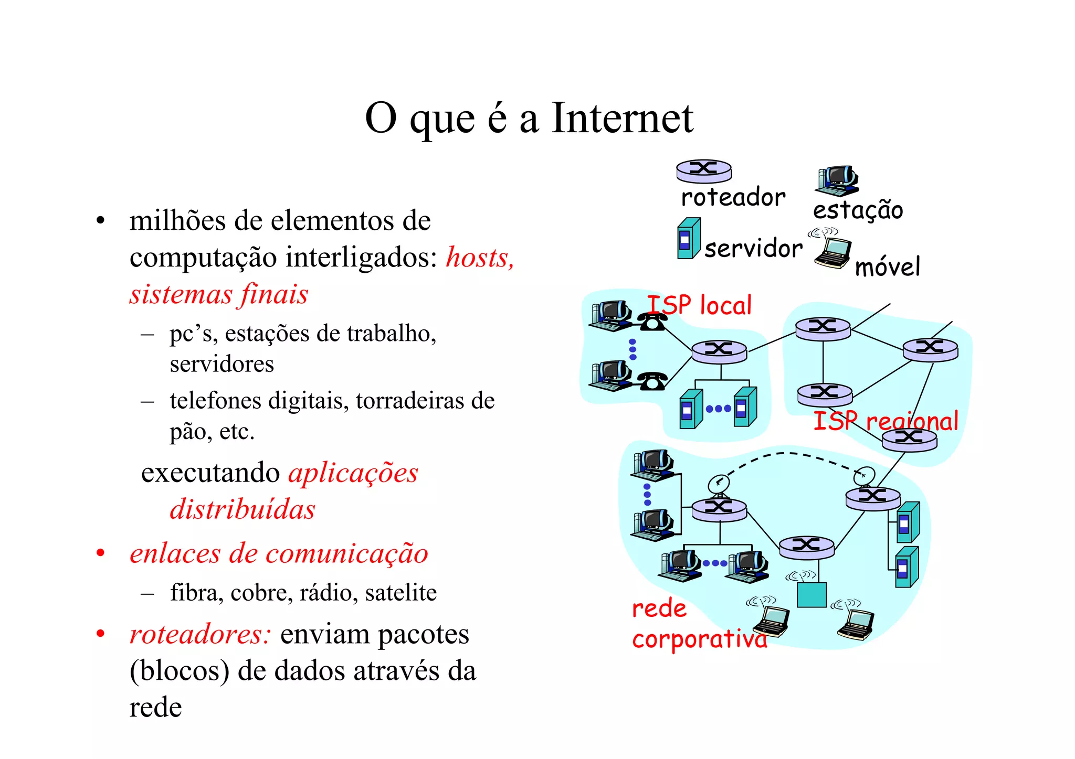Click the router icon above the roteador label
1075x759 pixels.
703,170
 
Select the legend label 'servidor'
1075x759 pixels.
753,248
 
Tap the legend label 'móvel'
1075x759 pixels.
887,267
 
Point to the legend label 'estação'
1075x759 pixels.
858,210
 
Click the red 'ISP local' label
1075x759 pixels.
699,305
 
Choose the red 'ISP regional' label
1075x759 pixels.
886,421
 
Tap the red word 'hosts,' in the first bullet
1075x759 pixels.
480,258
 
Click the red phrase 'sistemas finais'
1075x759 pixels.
219,294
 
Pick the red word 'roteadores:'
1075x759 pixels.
200,634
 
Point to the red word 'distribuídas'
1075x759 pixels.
243,509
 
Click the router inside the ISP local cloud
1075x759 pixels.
719,351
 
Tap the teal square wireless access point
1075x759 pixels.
811,595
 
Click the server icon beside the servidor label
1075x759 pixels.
689,239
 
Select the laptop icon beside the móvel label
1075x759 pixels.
833,252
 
